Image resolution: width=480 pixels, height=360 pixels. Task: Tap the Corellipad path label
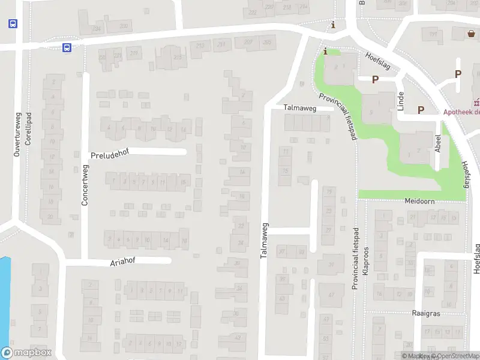pos(28,128)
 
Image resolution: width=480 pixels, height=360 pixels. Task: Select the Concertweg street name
pos(85,185)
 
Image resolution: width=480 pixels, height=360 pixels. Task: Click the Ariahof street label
pos(123,262)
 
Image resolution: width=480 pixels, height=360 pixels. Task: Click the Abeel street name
pos(439,144)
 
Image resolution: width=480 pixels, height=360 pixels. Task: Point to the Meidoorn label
pos(419,202)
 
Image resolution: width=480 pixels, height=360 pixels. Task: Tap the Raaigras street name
pos(427,313)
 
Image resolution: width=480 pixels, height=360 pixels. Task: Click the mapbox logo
pos(26,353)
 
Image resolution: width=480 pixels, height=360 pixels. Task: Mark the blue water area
pos(4,294)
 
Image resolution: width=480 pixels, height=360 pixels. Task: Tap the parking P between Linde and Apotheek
pos(421,110)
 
